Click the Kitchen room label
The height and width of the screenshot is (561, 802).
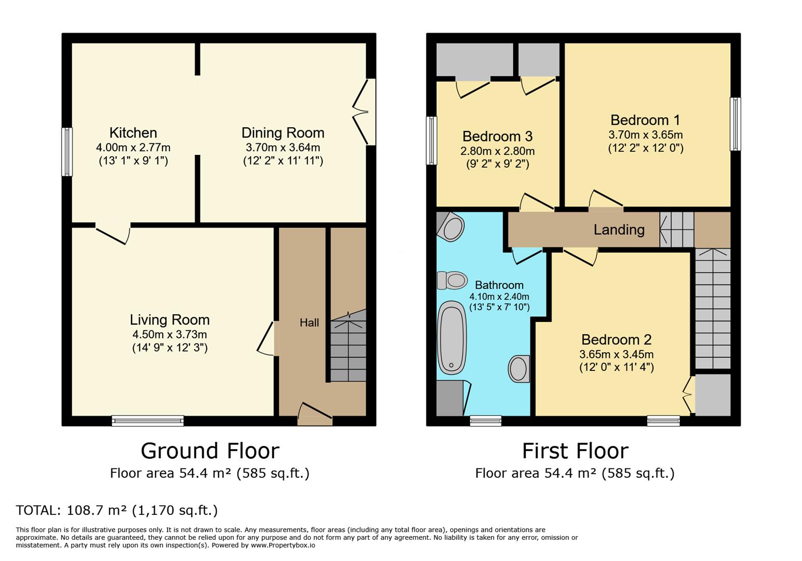click(133, 133)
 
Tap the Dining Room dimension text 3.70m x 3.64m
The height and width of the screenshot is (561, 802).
click(283, 147)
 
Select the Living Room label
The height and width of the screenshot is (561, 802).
click(170, 320)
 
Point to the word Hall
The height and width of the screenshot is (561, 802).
click(309, 323)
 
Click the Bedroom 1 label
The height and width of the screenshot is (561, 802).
click(645, 120)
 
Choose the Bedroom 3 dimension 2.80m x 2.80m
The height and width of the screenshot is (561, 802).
click(498, 151)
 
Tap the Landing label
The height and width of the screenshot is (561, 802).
click(619, 230)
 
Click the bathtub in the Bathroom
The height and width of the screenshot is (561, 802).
click(452, 338)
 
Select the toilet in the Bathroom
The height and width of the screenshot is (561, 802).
click(452, 280)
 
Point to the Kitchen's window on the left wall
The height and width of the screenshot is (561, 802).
click(67, 152)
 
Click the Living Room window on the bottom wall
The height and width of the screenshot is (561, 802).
click(148, 421)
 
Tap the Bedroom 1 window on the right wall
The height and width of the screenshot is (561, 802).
click(736, 124)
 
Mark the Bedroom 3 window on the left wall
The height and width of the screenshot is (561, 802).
click(432, 140)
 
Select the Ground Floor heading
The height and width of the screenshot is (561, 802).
click(210, 451)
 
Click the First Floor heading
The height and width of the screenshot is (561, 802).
click(576, 451)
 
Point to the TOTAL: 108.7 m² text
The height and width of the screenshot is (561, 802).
click(71, 510)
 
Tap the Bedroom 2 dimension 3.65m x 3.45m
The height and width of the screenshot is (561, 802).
click(617, 354)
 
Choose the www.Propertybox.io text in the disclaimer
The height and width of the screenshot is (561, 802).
click(283, 545)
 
